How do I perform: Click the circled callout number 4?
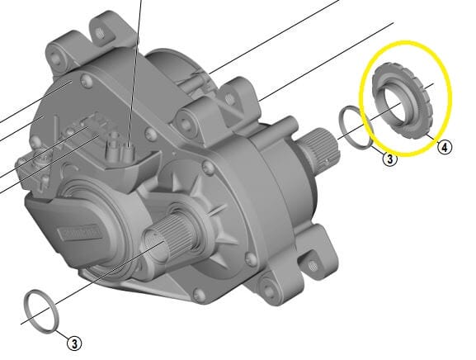coord(445,148)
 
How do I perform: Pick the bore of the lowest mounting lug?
coord(267,290)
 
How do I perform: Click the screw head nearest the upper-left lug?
coord(84,80)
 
